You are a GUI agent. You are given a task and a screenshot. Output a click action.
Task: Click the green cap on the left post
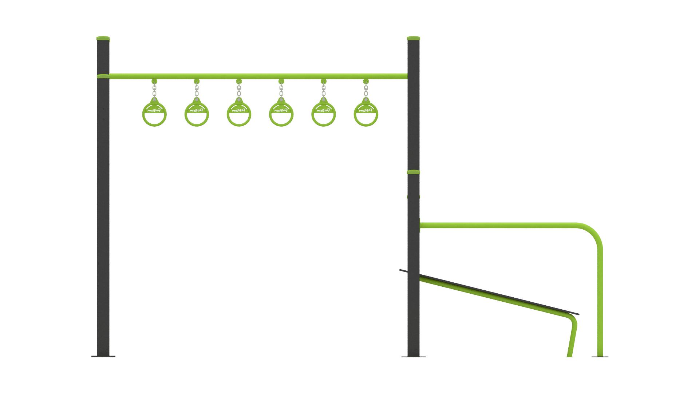coord(103,38)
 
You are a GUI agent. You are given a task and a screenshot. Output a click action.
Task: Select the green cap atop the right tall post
coord(414,38)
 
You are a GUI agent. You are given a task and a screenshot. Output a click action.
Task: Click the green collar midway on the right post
coord(414,172)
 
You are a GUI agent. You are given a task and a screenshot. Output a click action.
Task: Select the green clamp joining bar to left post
coord(103,76)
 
